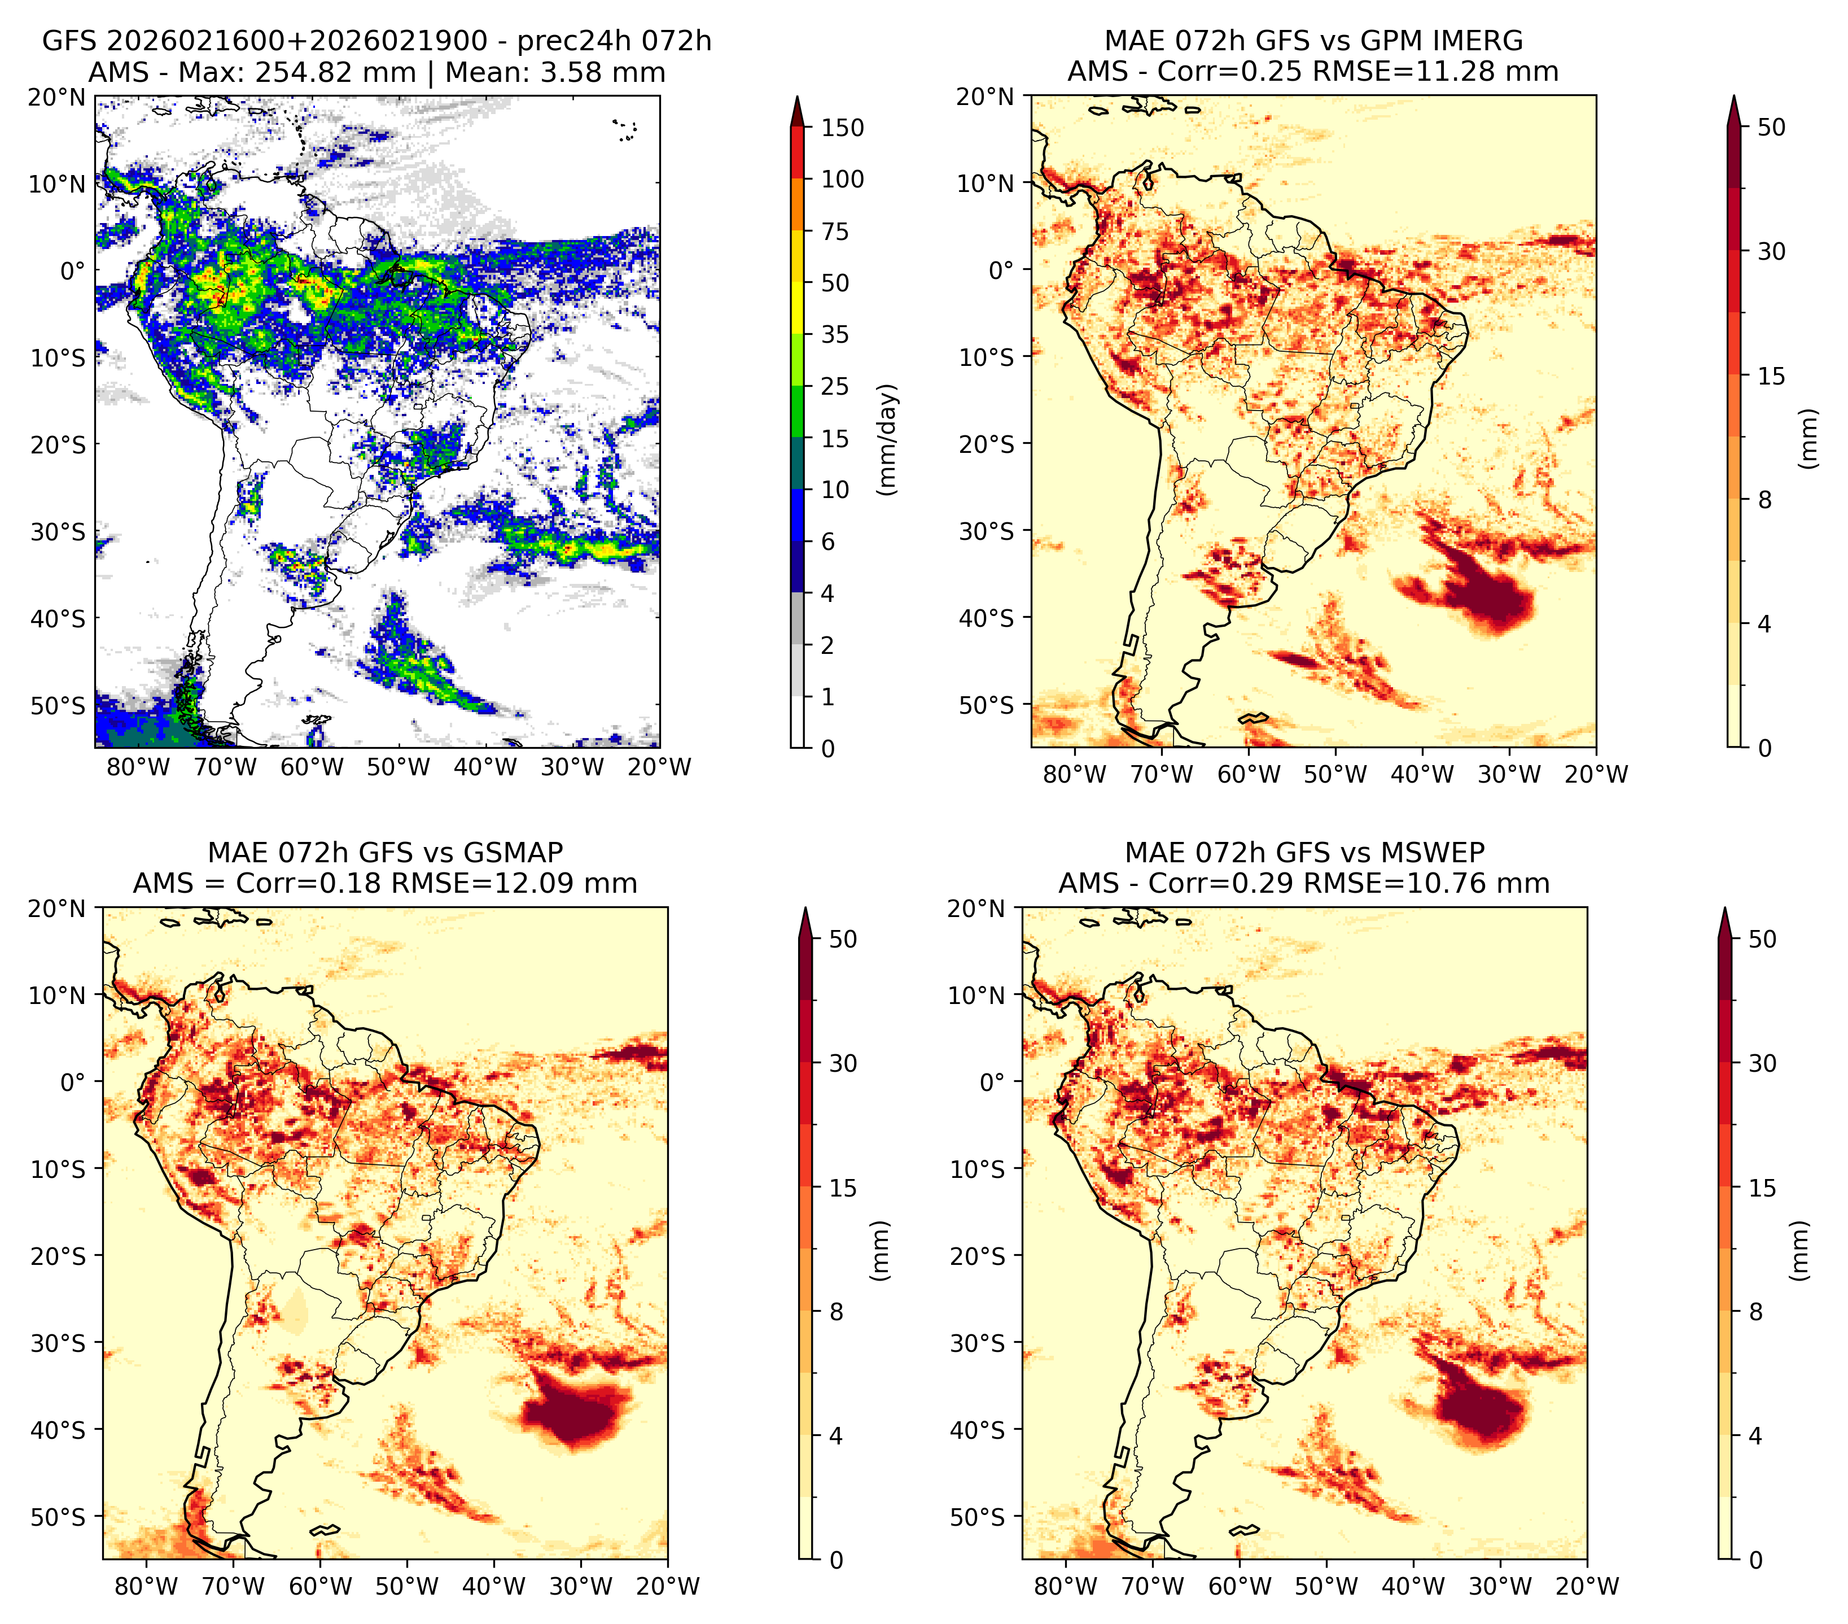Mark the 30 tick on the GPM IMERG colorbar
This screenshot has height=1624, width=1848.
coord(1772,251)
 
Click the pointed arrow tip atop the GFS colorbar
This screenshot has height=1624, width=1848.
coord(796,96)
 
